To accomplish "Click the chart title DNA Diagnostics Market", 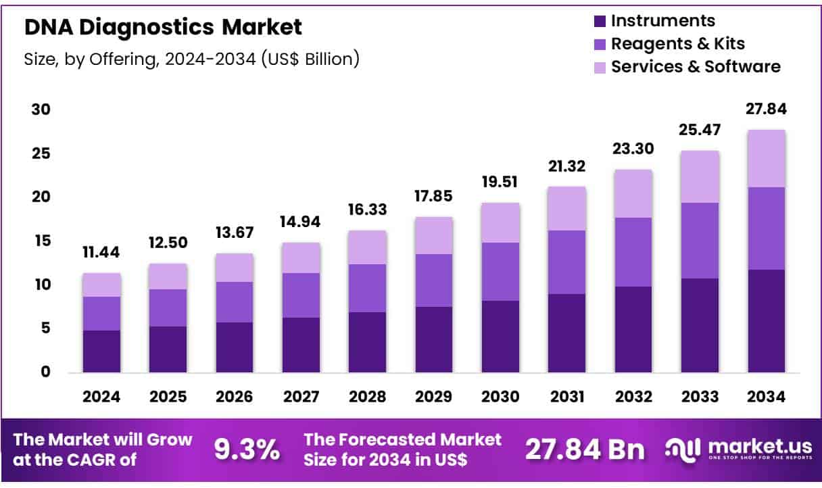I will (163, 27).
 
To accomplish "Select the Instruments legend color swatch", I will (600, 22).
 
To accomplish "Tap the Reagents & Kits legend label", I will (677, 44).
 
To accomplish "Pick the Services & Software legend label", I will (696, 67).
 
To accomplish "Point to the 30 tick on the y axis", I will (41, 109).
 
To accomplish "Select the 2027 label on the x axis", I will (301, 397).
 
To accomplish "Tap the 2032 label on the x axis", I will (633, 397).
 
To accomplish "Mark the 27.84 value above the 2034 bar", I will (767, 109).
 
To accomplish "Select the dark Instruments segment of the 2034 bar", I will (767, 321).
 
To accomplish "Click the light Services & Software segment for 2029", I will (433, 235).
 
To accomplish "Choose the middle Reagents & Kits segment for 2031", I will (566, 262).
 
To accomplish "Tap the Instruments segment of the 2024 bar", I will (101, 351).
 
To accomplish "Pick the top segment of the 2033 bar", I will (700, 176).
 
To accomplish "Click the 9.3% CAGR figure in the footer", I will (247, 449).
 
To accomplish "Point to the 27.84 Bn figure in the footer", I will (585, 449).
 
